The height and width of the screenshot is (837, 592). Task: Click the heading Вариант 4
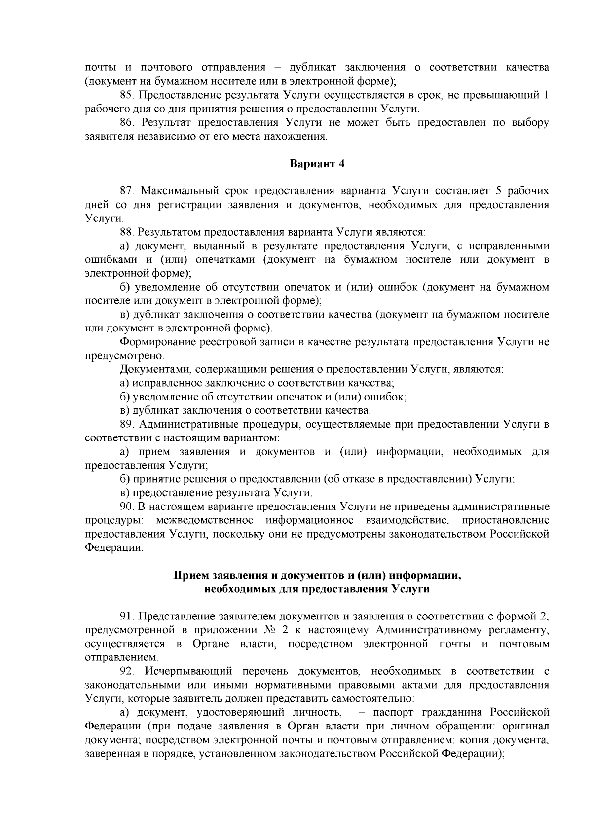coord(316,164)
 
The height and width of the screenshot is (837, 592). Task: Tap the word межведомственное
coord(205,520)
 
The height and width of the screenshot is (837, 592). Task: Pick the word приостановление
coord(505,520)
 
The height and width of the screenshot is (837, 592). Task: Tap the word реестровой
coord(223,342)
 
